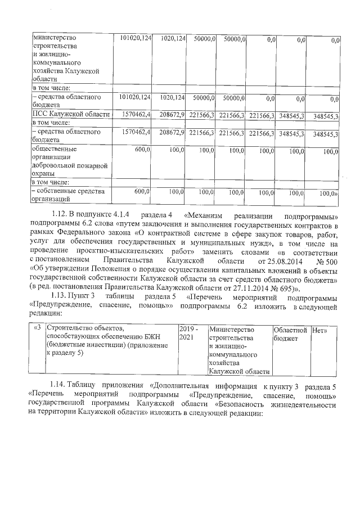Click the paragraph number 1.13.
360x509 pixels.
click(x=59, y=296)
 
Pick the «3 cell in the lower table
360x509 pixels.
click(x=37, y=328)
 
